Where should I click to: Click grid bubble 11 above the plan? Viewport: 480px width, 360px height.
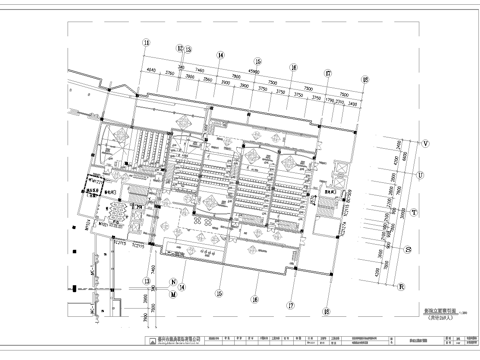[145, 42]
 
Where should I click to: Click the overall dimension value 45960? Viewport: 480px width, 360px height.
[254, 72]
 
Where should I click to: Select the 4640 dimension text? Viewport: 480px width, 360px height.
[152, 71]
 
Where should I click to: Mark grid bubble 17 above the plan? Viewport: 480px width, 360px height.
[328, 71]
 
